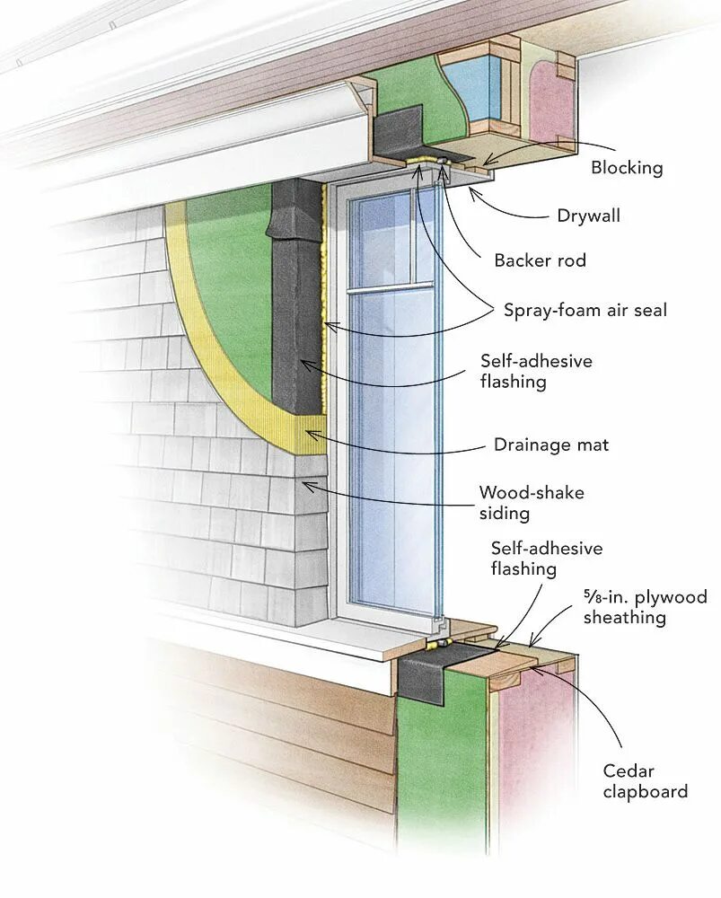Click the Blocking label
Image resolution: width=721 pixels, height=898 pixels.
pos(626,168)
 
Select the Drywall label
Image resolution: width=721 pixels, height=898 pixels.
pos(588,216)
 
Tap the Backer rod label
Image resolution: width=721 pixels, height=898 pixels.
pos(540,261)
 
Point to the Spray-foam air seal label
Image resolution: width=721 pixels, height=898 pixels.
pos(585,311)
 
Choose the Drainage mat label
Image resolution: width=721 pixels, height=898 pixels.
pos(550,445)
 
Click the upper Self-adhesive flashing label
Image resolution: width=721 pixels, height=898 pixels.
pos(537,371)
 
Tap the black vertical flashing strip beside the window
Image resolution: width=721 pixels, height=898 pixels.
pos(295,296)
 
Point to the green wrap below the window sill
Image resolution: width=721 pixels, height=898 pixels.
pos(440,763)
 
